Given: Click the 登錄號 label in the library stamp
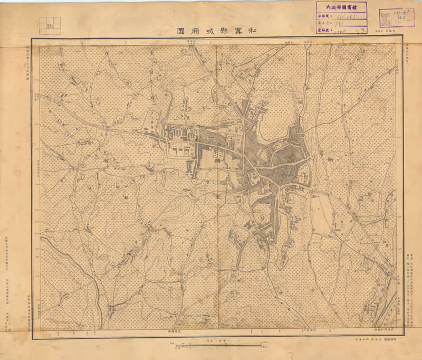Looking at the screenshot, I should pos(328,31).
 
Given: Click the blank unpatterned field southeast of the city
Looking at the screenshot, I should pos(322,214).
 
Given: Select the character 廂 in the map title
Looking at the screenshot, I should pos(195,31).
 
